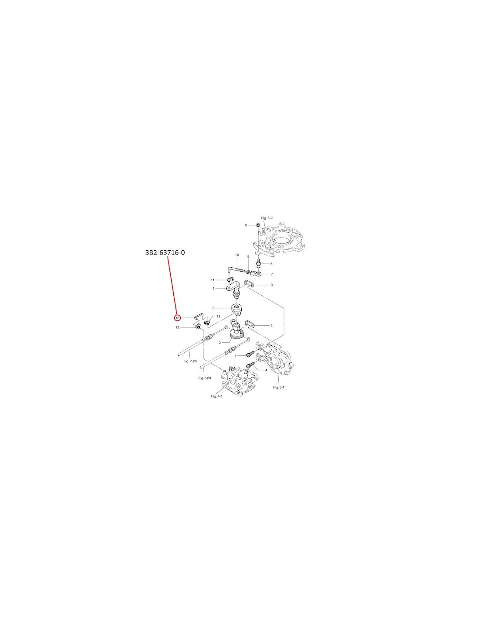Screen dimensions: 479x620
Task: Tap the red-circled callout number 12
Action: (177, 317)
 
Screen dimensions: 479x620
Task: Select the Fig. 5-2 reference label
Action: (266, 218)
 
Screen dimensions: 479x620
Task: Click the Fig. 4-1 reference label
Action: (216, 396)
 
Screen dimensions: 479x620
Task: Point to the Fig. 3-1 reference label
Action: (279, 387)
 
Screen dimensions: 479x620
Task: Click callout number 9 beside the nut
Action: (246, 225)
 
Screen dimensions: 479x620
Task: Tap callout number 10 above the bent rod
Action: (237, 255)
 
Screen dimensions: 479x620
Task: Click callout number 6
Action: (271, 264)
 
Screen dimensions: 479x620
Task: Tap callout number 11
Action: (213, 280)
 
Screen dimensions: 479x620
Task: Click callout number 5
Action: (213, 308)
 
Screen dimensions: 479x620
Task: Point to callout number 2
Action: (220, 343)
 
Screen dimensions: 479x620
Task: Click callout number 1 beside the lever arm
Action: (213, 289)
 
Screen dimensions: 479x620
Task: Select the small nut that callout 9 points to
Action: (257, 225)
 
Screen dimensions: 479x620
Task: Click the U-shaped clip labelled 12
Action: (198, 315)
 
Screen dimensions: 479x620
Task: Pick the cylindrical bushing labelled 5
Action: (236, 309)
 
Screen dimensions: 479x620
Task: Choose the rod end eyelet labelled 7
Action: (255, 274)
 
